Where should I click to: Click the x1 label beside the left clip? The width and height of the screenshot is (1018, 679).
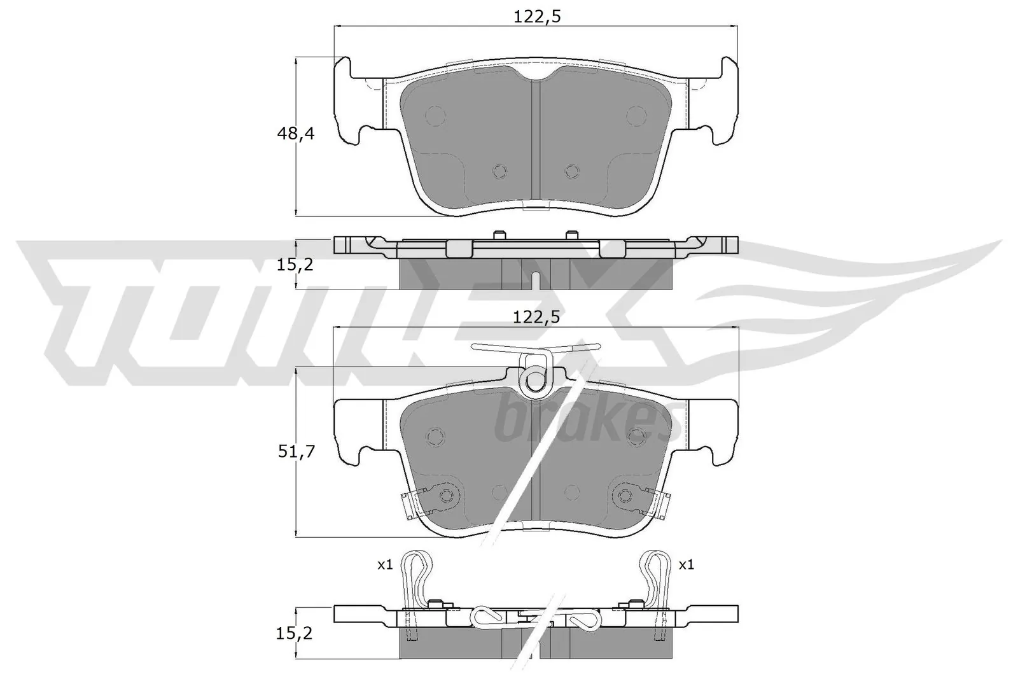[x=384, y=564]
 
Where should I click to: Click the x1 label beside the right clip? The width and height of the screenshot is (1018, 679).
[x=686, y=564]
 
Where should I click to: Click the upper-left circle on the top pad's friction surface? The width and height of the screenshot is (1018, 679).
[x=435, y=115]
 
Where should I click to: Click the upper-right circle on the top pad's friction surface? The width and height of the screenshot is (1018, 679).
[x=636, y=115]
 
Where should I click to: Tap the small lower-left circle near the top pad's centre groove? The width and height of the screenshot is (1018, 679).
[x=500, y=171]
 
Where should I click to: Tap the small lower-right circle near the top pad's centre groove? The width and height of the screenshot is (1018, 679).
[x=572, y=171]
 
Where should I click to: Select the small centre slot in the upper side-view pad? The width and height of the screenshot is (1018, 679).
[x=536, y=280]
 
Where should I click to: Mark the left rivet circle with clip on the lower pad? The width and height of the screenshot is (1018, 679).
[x=445, y=496]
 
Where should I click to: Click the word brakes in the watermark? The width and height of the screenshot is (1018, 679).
[x=582, y=420]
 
